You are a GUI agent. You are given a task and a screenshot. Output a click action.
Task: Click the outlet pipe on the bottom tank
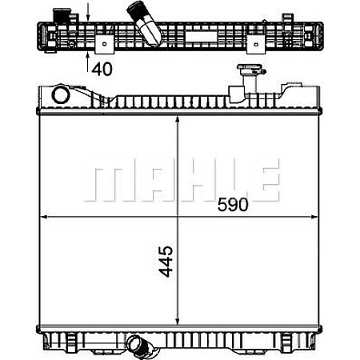(144, 348)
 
